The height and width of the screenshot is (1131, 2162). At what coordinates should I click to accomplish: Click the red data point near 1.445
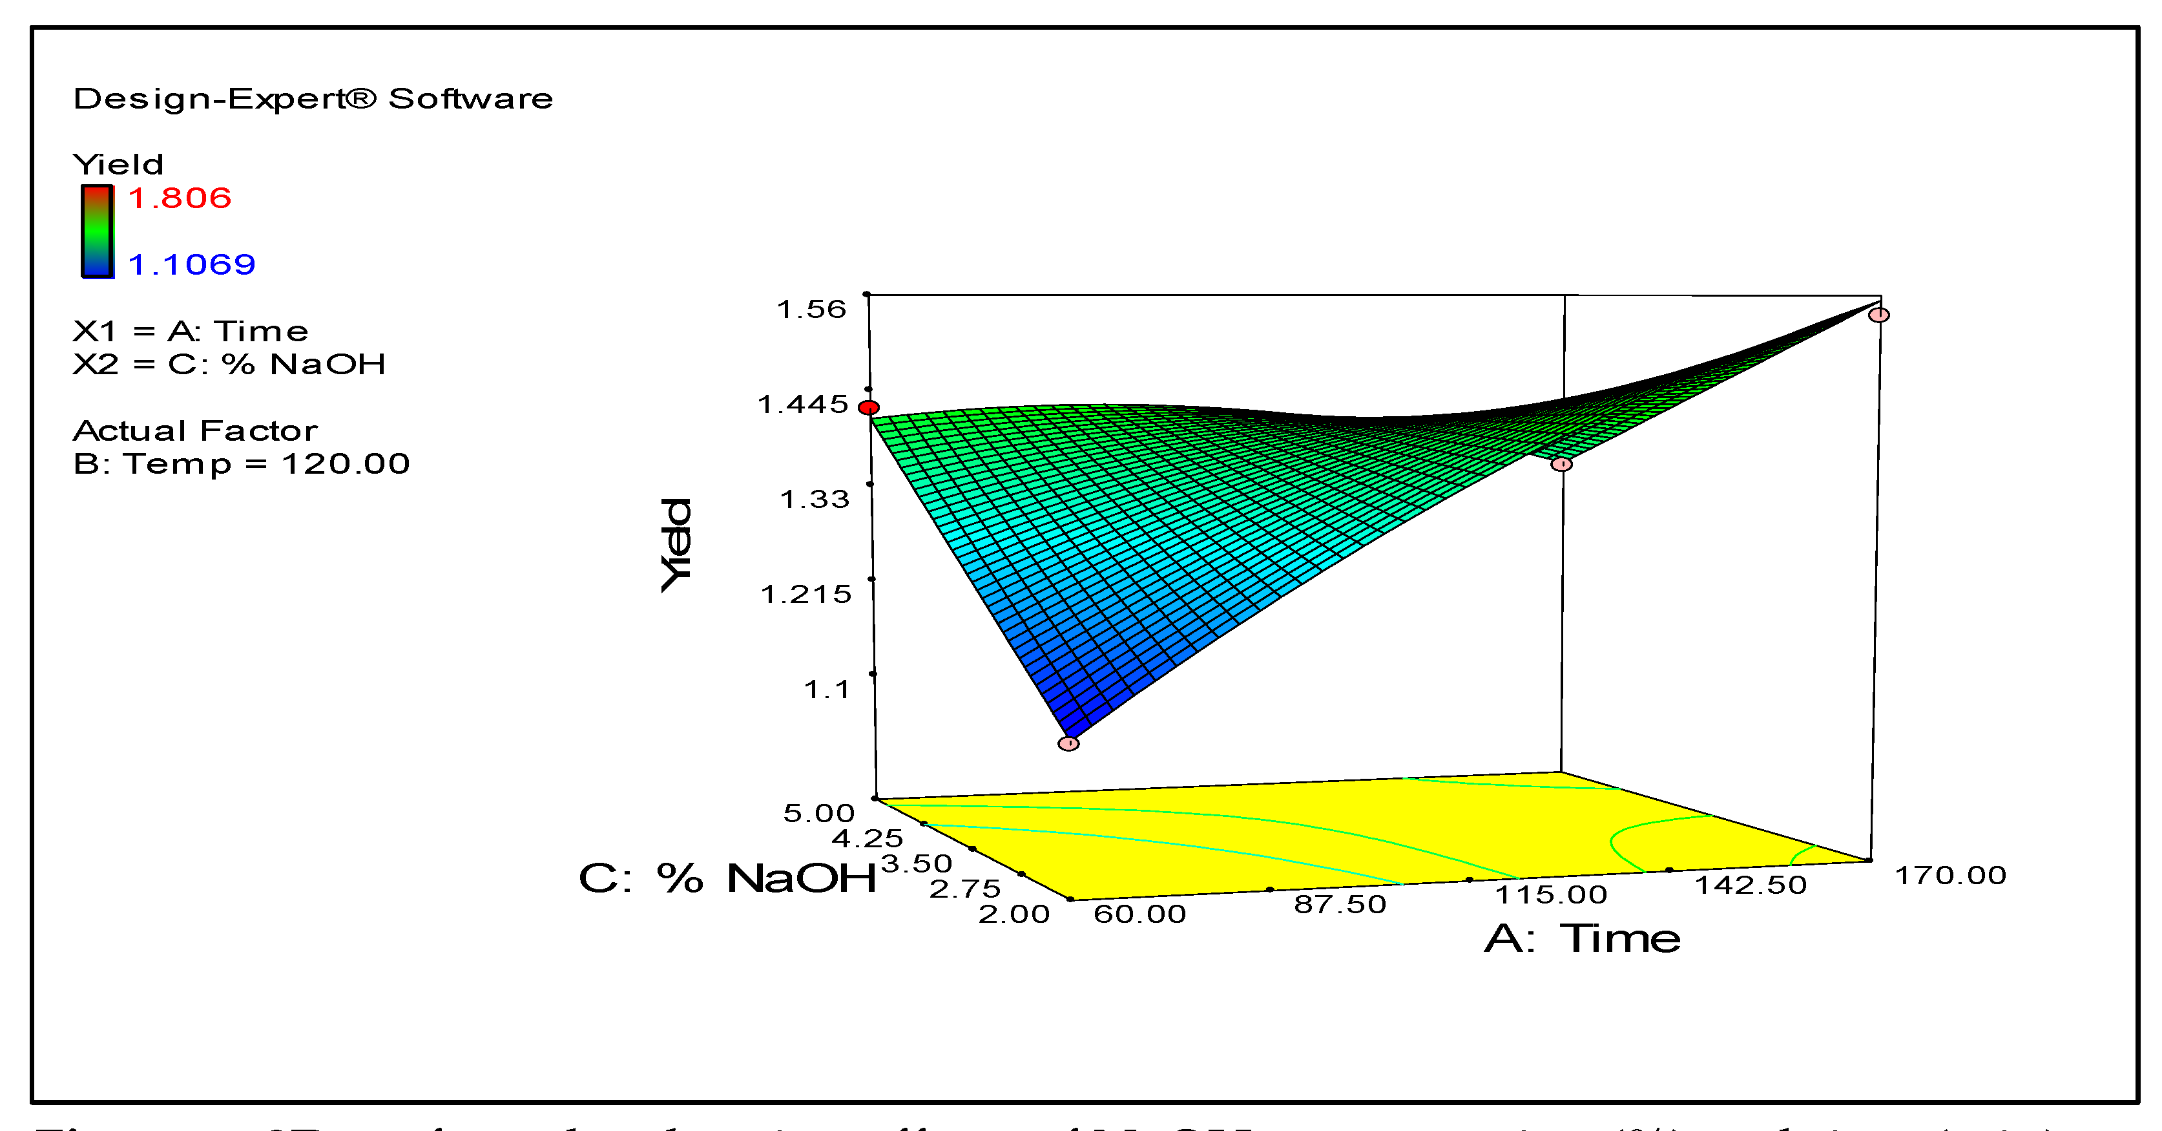coord(869,408)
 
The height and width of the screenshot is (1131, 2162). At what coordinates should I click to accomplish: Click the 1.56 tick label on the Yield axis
coord(811,310)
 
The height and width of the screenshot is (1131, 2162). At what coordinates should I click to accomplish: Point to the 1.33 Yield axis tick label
coord(814,500)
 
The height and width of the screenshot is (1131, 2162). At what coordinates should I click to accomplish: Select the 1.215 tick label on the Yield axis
coord(806,595)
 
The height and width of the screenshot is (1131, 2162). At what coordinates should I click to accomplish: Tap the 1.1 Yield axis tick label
coord(827,690)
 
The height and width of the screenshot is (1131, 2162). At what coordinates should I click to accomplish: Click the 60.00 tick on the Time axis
coord(1139,914)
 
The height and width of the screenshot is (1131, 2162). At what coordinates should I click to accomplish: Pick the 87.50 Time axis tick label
coord(1340,904)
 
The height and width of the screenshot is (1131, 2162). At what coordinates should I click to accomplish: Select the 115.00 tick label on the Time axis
coord(1551,894)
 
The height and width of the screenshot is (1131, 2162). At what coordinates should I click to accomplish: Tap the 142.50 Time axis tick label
coord(1750,885)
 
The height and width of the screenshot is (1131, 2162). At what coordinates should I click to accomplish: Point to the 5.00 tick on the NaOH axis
coord(818,813)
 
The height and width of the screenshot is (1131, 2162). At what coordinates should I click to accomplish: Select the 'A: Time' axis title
coord(1582,938)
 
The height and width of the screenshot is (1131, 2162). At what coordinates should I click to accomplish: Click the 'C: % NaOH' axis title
coord(727,879)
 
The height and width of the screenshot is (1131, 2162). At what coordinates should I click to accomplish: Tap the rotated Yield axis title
coord(676,544)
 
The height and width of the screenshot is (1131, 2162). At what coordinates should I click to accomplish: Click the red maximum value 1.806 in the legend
coord(180,198)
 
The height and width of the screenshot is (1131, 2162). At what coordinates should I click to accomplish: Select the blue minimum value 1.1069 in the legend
coord(191,264)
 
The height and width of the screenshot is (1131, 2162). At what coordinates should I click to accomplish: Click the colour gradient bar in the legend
coord(98,231)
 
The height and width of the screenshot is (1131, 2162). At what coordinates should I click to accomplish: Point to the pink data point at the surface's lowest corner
coord(1068,743)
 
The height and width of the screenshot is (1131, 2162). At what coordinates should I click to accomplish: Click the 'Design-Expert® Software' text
coord(313,99)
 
